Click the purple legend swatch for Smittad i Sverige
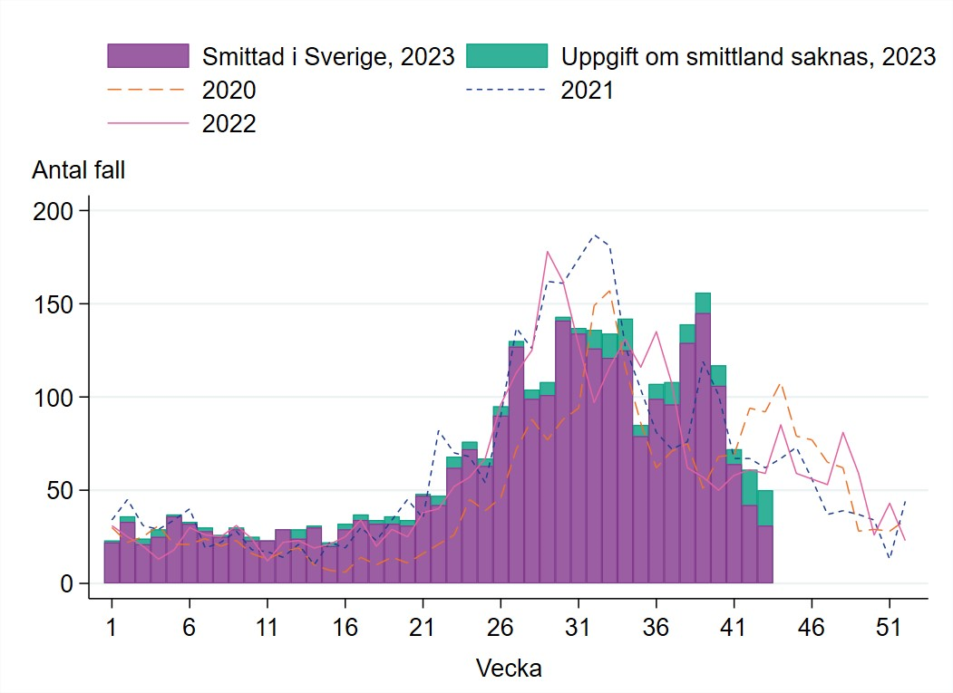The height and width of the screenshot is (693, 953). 148,56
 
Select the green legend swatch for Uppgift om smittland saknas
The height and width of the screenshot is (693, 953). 507,56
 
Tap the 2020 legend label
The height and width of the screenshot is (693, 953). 229,90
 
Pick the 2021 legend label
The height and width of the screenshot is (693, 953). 588,90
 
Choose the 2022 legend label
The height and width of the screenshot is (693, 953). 229,123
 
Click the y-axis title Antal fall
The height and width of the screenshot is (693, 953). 79,170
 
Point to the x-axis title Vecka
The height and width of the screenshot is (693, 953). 509,669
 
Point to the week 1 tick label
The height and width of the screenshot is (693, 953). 112,627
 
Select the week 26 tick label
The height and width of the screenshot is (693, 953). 501,627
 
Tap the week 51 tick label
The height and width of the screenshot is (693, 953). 890,627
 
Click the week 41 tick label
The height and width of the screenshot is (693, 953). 734,627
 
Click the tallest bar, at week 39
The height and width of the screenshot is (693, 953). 703,444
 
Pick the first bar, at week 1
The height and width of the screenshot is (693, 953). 112,563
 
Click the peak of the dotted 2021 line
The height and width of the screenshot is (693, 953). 595,235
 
